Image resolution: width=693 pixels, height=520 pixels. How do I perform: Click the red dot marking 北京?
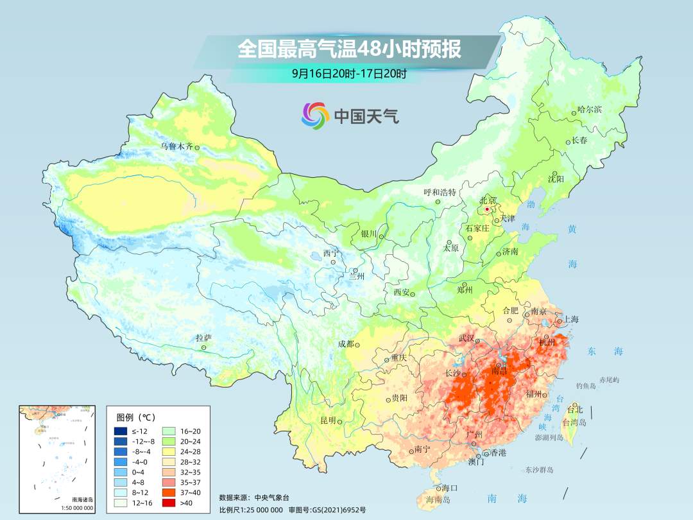coord(487,209)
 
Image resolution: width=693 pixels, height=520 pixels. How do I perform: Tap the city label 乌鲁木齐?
coord(176,146)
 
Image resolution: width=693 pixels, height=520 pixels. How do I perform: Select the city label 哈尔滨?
coord(590,110)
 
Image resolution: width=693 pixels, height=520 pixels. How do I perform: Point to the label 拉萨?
coord(203,338)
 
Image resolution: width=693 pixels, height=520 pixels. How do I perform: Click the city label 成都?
coord(346,343)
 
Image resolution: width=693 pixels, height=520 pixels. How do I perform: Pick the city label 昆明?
coord(328,420)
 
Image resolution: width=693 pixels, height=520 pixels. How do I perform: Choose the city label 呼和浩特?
coord(440,192)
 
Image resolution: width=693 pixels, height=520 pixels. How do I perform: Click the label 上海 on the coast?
coord(571,320)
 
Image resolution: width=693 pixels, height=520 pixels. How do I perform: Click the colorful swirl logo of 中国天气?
coord(315,116)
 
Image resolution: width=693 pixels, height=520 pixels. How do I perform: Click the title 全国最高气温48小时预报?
coord(349,49)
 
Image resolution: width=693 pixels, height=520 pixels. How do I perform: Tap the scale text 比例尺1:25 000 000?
coord(251,510)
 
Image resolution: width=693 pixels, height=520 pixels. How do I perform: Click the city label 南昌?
coord(499,371)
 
